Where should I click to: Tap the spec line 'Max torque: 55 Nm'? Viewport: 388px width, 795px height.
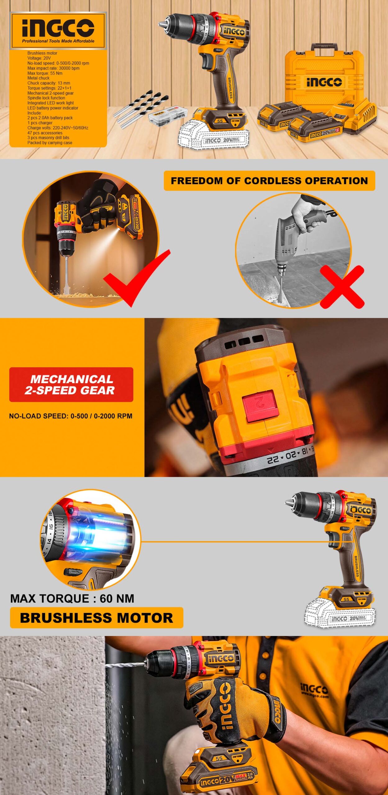[45, 73]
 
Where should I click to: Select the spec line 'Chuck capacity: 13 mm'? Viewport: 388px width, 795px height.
[49, 83]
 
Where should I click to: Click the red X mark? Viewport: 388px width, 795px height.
[342, 287]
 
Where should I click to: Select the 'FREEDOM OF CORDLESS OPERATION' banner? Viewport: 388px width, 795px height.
[269, 181]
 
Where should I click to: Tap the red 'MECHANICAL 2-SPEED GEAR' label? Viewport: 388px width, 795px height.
[71, 384]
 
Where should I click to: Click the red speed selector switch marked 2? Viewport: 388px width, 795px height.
[259, 406]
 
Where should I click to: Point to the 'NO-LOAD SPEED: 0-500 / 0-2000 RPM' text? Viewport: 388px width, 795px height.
[71, 416]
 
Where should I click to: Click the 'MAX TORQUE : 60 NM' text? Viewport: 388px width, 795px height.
[72, 598]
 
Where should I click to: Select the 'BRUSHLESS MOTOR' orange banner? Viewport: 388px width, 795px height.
[97, 618]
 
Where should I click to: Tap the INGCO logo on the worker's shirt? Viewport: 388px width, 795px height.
[314, 689]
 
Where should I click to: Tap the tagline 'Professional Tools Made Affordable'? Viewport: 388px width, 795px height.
[58, 41]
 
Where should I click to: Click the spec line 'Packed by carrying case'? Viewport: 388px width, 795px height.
[50, 143]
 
